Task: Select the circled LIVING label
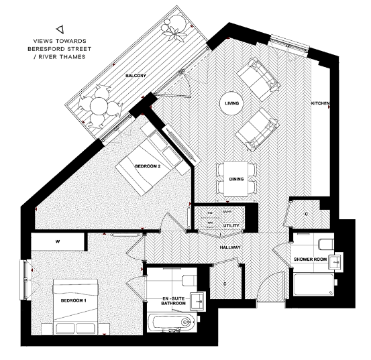pyautogui.click(x=232, y=103)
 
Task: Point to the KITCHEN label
pyautogui.click(x=320, y=103)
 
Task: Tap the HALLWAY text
pyautogui.click(x=229, y=247)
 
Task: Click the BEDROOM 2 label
pyautogui.click(x=147, y=165)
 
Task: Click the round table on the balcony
pyautogui.click(x=96, y=107)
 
